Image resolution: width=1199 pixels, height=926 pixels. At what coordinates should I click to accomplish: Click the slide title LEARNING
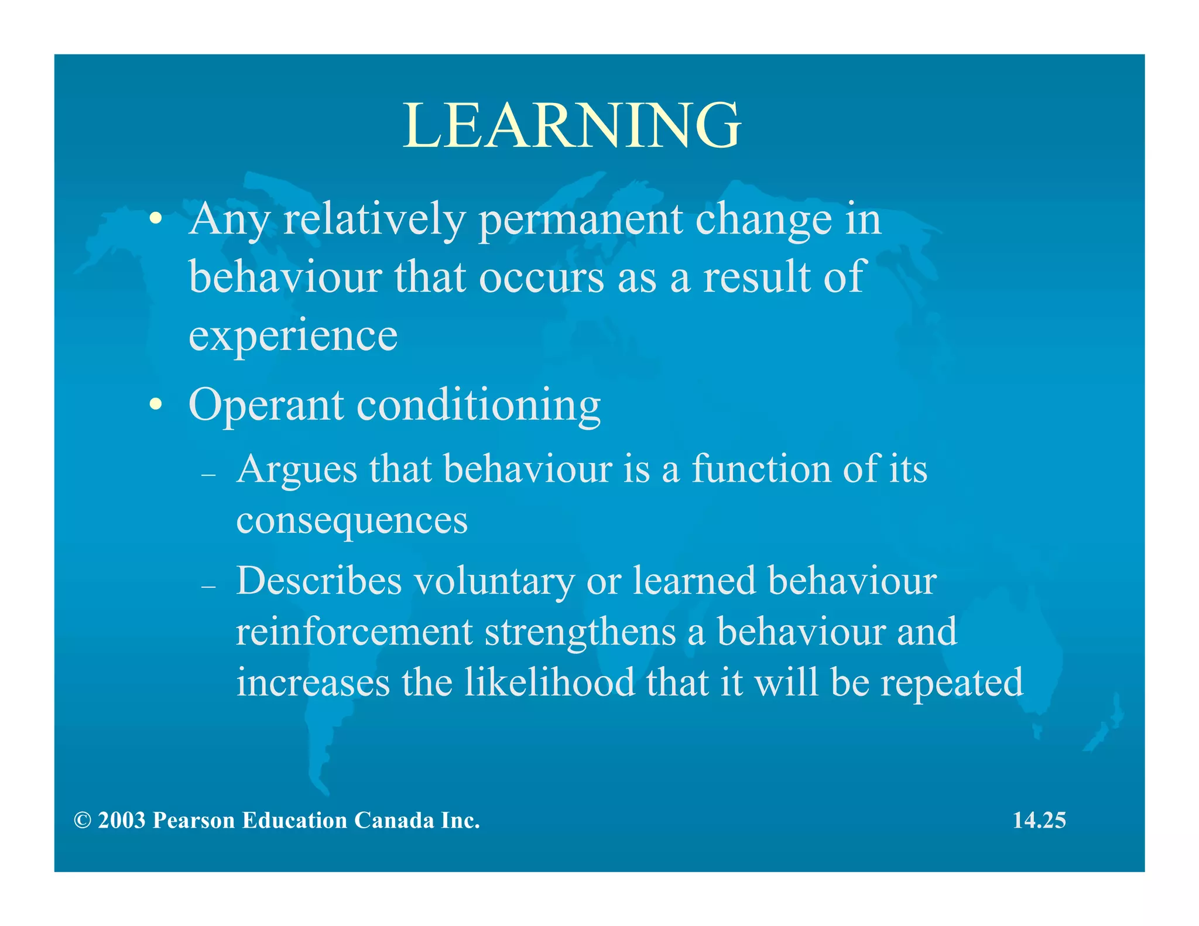click(x=572, y=125)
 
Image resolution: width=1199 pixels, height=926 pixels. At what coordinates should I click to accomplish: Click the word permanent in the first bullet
click(x=580, y=220)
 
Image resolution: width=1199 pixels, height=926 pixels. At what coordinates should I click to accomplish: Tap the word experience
click(x=293, y=336)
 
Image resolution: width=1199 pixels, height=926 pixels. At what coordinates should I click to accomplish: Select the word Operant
click(x=266, y=405)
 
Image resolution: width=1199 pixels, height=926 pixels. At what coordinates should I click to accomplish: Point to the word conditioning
click(x=478, y=405)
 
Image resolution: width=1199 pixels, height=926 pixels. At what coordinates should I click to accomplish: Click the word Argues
click(x=296, y=470)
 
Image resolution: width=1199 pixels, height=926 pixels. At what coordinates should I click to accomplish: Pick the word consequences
click(x=352, y=520)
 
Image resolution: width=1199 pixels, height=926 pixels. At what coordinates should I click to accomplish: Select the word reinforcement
click(x=354, y=632)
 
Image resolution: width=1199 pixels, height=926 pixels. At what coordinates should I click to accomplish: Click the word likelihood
click(x=549, y=683)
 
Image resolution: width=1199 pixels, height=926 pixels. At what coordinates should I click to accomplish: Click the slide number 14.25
click(x=1039, y=820)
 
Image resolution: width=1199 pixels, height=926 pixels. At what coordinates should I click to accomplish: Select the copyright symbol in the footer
click(x=83, y=821)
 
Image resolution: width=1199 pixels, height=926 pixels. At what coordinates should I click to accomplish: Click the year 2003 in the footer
click(x=121, y=820)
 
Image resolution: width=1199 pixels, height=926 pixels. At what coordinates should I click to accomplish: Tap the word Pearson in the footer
click(x=194, y=820)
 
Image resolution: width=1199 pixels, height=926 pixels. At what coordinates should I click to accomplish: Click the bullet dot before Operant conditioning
click(x=155, y=404)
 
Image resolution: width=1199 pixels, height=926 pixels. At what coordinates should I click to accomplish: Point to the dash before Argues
click(x=208, y=475)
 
